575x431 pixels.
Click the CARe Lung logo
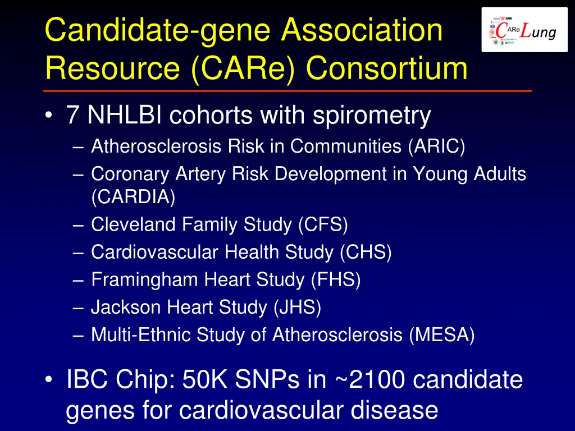524,30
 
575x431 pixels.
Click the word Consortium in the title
387,69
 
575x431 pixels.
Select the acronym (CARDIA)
133,197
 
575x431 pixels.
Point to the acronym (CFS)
323,224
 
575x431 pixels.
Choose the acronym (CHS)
366,252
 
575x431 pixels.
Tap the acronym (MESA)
442,335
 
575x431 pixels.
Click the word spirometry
372,116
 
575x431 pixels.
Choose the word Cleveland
134,224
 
